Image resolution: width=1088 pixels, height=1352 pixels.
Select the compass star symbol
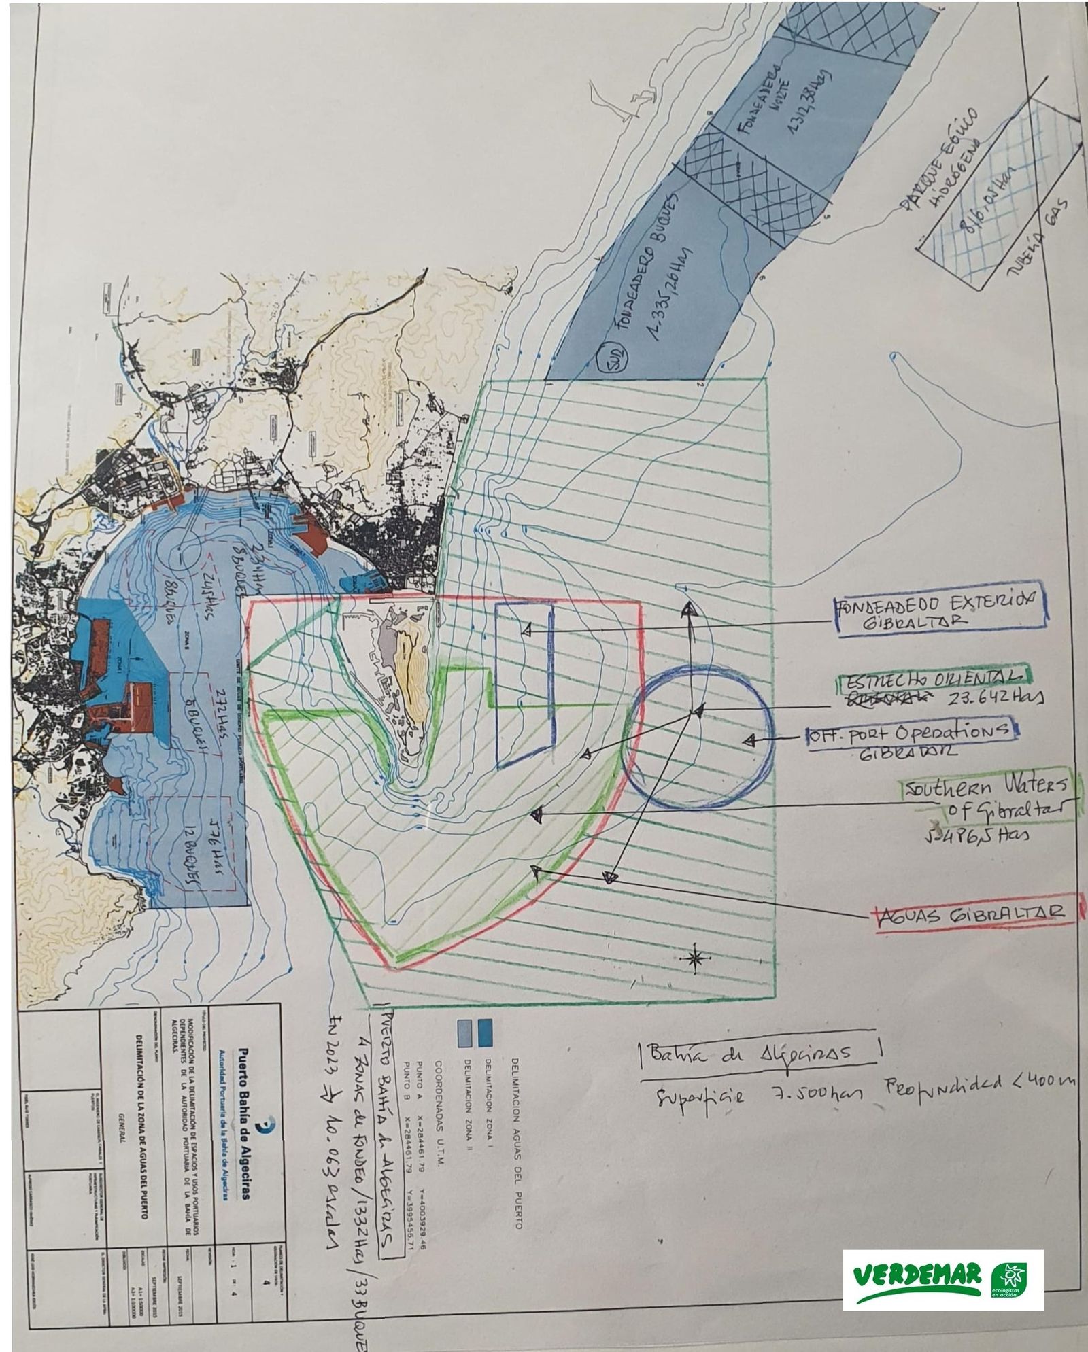click(695, 959)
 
